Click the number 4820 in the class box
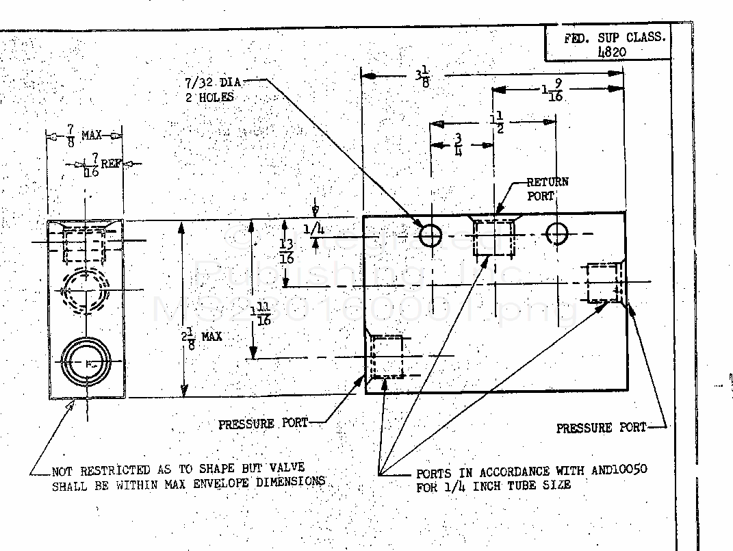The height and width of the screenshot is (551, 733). (611, 52)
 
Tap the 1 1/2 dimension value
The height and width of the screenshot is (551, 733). (497, 123)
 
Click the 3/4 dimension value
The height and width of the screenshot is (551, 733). (458, 146)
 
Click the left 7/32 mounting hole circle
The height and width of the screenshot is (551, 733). (430, 235)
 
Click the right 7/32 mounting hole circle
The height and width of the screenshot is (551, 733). (556, 234)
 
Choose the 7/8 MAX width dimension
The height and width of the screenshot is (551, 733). (83, 136)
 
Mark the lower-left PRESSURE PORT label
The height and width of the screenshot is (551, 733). (263, 424)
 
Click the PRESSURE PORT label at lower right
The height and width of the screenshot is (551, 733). (600, 428)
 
